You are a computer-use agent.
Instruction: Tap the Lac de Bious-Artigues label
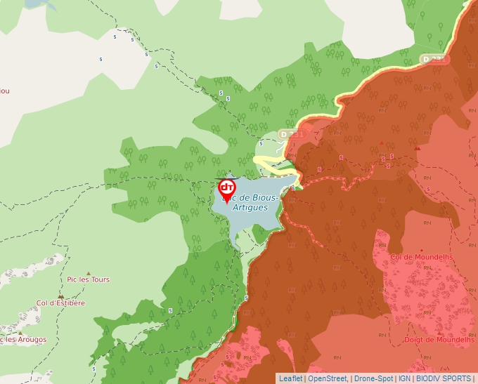click(x=250, y=203)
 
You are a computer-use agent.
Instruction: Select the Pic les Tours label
click(x=89, y=279)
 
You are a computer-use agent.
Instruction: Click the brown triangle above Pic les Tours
click(x=89, y=272)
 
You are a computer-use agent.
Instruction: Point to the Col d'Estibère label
click(x=60, y=303)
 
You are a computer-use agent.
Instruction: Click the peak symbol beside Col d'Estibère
click(x=60, y=296)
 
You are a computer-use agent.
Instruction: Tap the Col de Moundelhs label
click(x=422, y=257)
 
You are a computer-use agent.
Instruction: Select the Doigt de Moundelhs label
click(x=434, y=340)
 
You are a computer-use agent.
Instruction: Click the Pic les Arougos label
click(x=22, y=340)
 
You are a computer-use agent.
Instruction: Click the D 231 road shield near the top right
click(x=434, y=59)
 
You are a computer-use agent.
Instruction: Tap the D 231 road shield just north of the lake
click(x=290, y=133)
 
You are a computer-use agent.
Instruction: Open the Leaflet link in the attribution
click(x=290, y=378)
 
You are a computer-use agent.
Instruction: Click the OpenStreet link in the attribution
click(x=328, y=378)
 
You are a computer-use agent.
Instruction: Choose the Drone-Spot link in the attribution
click(x=373, y=378)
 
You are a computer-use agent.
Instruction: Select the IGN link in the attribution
click(x=404, y=378)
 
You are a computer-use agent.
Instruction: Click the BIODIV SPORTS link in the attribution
click(x=443, y=378)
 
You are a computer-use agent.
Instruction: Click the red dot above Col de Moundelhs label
click(x=422, y=250)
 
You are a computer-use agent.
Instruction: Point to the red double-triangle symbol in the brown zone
click(x=418, y=148)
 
